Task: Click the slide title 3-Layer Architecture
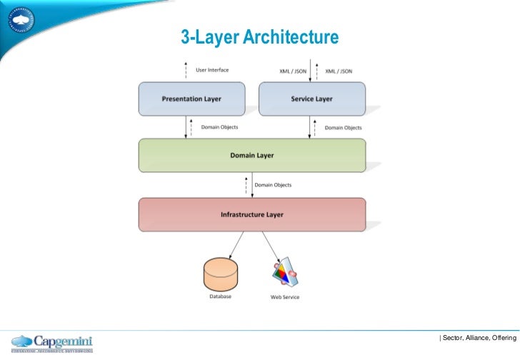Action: coord(259,37)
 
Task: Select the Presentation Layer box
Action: coord(191,99)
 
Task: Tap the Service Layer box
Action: coord(311,99)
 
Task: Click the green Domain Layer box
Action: coord(251,155)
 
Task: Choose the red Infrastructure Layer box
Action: coord(251,214)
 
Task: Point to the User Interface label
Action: coord(212,70)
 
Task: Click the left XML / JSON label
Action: coord(293,71)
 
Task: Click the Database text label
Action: coord(220,296)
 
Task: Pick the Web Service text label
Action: coord(284,297)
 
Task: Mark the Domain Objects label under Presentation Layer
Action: coord(219,127)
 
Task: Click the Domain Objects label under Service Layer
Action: coord(344,128)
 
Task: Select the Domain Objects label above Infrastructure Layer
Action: coord(273,185)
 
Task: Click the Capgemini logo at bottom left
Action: coord(52,343)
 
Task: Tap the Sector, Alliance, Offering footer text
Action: coord(478,336)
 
